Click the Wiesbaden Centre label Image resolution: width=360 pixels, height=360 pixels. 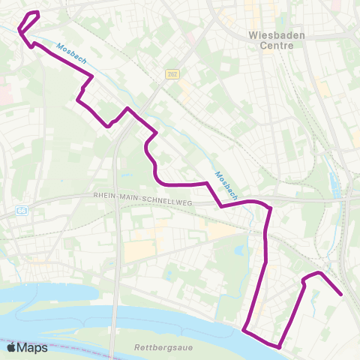pyautogui.click(x=271, y=40)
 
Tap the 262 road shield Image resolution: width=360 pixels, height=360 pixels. pyautogui.click(x=172, y=73)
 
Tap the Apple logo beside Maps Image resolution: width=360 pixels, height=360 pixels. pyautogui.click(x=11, y=347)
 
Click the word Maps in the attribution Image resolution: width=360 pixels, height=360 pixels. pyautogui.click(x=32, y=347)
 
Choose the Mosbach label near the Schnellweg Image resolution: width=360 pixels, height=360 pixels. pyautogui.click(x=226, y=185)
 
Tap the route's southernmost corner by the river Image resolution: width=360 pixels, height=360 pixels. pyautogui.click(x=280, y=347)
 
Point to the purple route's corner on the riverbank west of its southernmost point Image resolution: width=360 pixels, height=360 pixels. pyautogui.click(x=244, y=328)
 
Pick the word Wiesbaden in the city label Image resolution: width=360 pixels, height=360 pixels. pyautogui.click(x=271, y=34)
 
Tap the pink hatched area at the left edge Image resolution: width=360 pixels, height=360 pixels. pyautogui.click(x=4, y=93)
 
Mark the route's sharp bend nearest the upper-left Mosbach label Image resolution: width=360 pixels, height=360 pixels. pyautogui.click(x=92, y=76)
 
